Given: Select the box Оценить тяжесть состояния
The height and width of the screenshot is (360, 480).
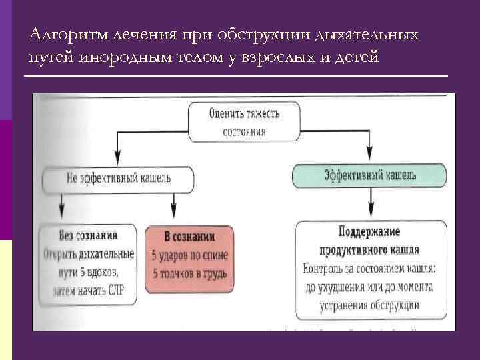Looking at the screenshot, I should click(x=245, y=121).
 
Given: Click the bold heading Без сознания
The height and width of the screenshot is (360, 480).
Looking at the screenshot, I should click(x=88, y=235).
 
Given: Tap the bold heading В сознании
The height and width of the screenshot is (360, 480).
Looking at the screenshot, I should click(x=189, y=236).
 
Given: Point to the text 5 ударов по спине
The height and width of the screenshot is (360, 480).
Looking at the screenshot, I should click(x=189, y=255).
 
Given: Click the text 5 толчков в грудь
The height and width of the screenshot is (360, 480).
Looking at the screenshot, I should click(x=189, y=273).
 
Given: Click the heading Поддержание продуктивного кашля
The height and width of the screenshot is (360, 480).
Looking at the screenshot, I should click(x=371, y=241).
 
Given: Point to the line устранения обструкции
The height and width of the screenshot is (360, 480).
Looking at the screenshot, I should click(x=371, y=307).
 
